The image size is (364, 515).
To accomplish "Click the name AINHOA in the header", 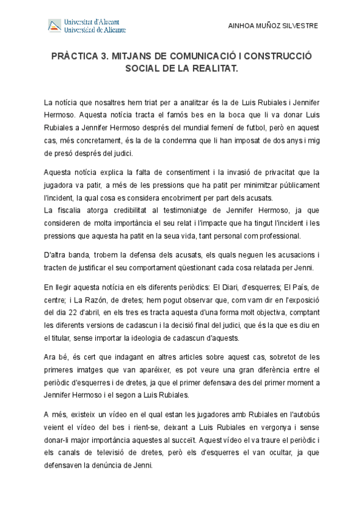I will [x=240, y=26].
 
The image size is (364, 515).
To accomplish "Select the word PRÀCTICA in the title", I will [x=73, y=56].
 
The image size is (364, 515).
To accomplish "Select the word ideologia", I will [x=152, y=338].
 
